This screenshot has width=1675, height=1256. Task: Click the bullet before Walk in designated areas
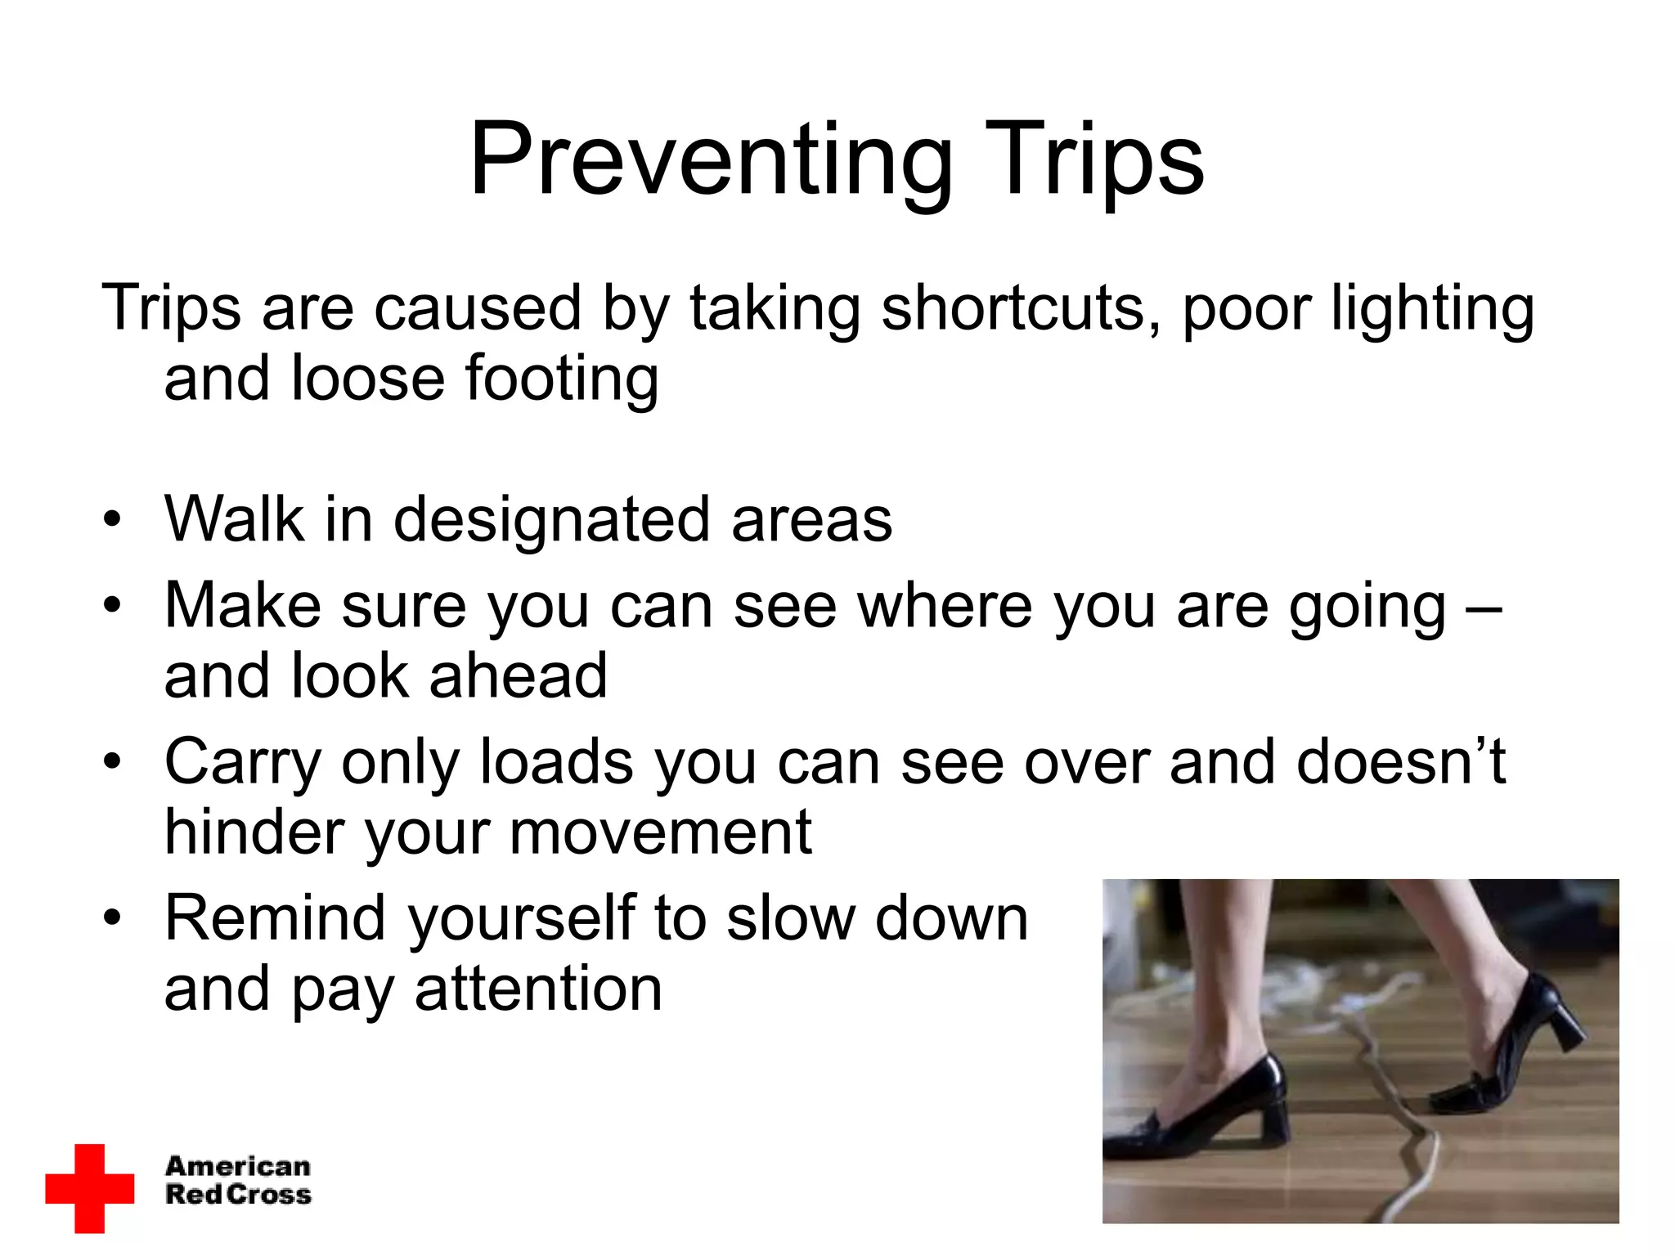point(112,520)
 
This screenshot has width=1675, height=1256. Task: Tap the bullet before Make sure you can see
point(112,606)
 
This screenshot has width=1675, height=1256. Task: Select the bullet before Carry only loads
point(112,763)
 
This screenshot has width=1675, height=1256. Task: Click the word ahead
point(518,676)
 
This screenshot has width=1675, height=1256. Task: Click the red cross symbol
point(89,1187)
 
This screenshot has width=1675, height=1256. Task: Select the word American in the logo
point(238,1165)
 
